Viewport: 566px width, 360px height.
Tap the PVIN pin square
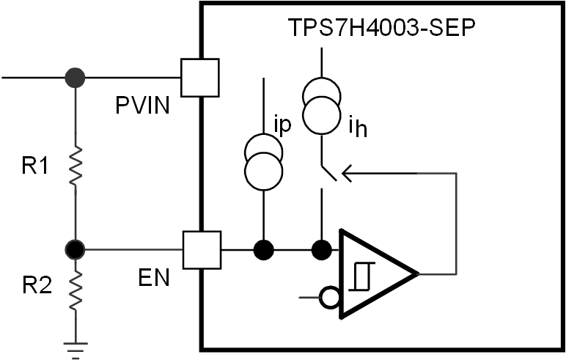199,77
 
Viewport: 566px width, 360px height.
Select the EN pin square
201,250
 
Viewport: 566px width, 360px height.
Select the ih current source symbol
320,109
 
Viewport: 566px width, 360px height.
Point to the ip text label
282,124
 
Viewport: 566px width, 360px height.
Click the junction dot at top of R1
76,77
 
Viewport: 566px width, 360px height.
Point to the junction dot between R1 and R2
76,250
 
